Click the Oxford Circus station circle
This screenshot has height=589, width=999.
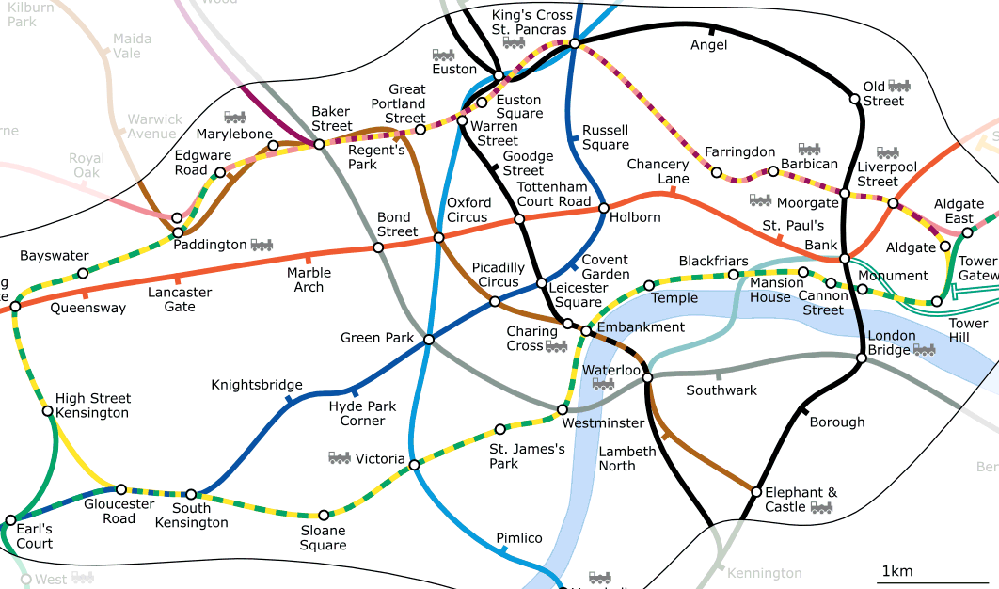click(x=438, y=238)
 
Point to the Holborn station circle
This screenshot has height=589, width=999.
click(x=604, y=208)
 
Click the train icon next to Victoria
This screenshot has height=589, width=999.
click(x=340, y=458)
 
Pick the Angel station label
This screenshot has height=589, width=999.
click(x=708, y=45)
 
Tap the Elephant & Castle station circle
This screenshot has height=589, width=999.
click(x=756, y=491)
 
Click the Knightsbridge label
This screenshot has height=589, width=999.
click(x=257, y=385)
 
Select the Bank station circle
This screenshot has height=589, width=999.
click(x=845, y=258)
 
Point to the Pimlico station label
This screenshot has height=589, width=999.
click(x=519, y=538)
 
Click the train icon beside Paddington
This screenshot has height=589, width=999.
click(x=262, y=245)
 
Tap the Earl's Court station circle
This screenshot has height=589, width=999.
click(x=10, y=520)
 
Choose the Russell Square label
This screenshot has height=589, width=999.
click(x=606, y=137)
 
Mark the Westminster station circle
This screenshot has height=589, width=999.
click(x=563, y=409)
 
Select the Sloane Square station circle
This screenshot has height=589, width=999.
click(x=325, y=516)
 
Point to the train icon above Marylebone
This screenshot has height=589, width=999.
click(x=235, y=118)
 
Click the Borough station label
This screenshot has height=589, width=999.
click(x=836, y=422)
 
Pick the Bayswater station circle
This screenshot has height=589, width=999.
click(x=83, y=274)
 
